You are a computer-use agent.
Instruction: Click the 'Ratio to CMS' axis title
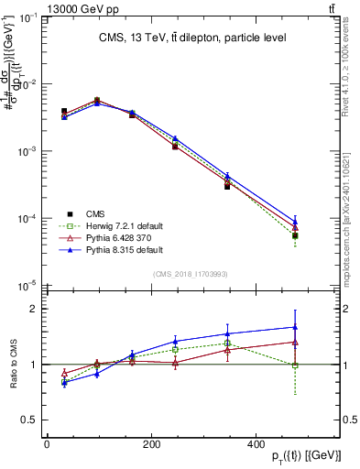pyautogui.click(x=12, y=365)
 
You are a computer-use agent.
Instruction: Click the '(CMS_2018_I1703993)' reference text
pyautogui.click(x=191, y=274)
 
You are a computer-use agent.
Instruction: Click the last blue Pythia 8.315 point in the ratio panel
pyautogui.click(x=294, y=327)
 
